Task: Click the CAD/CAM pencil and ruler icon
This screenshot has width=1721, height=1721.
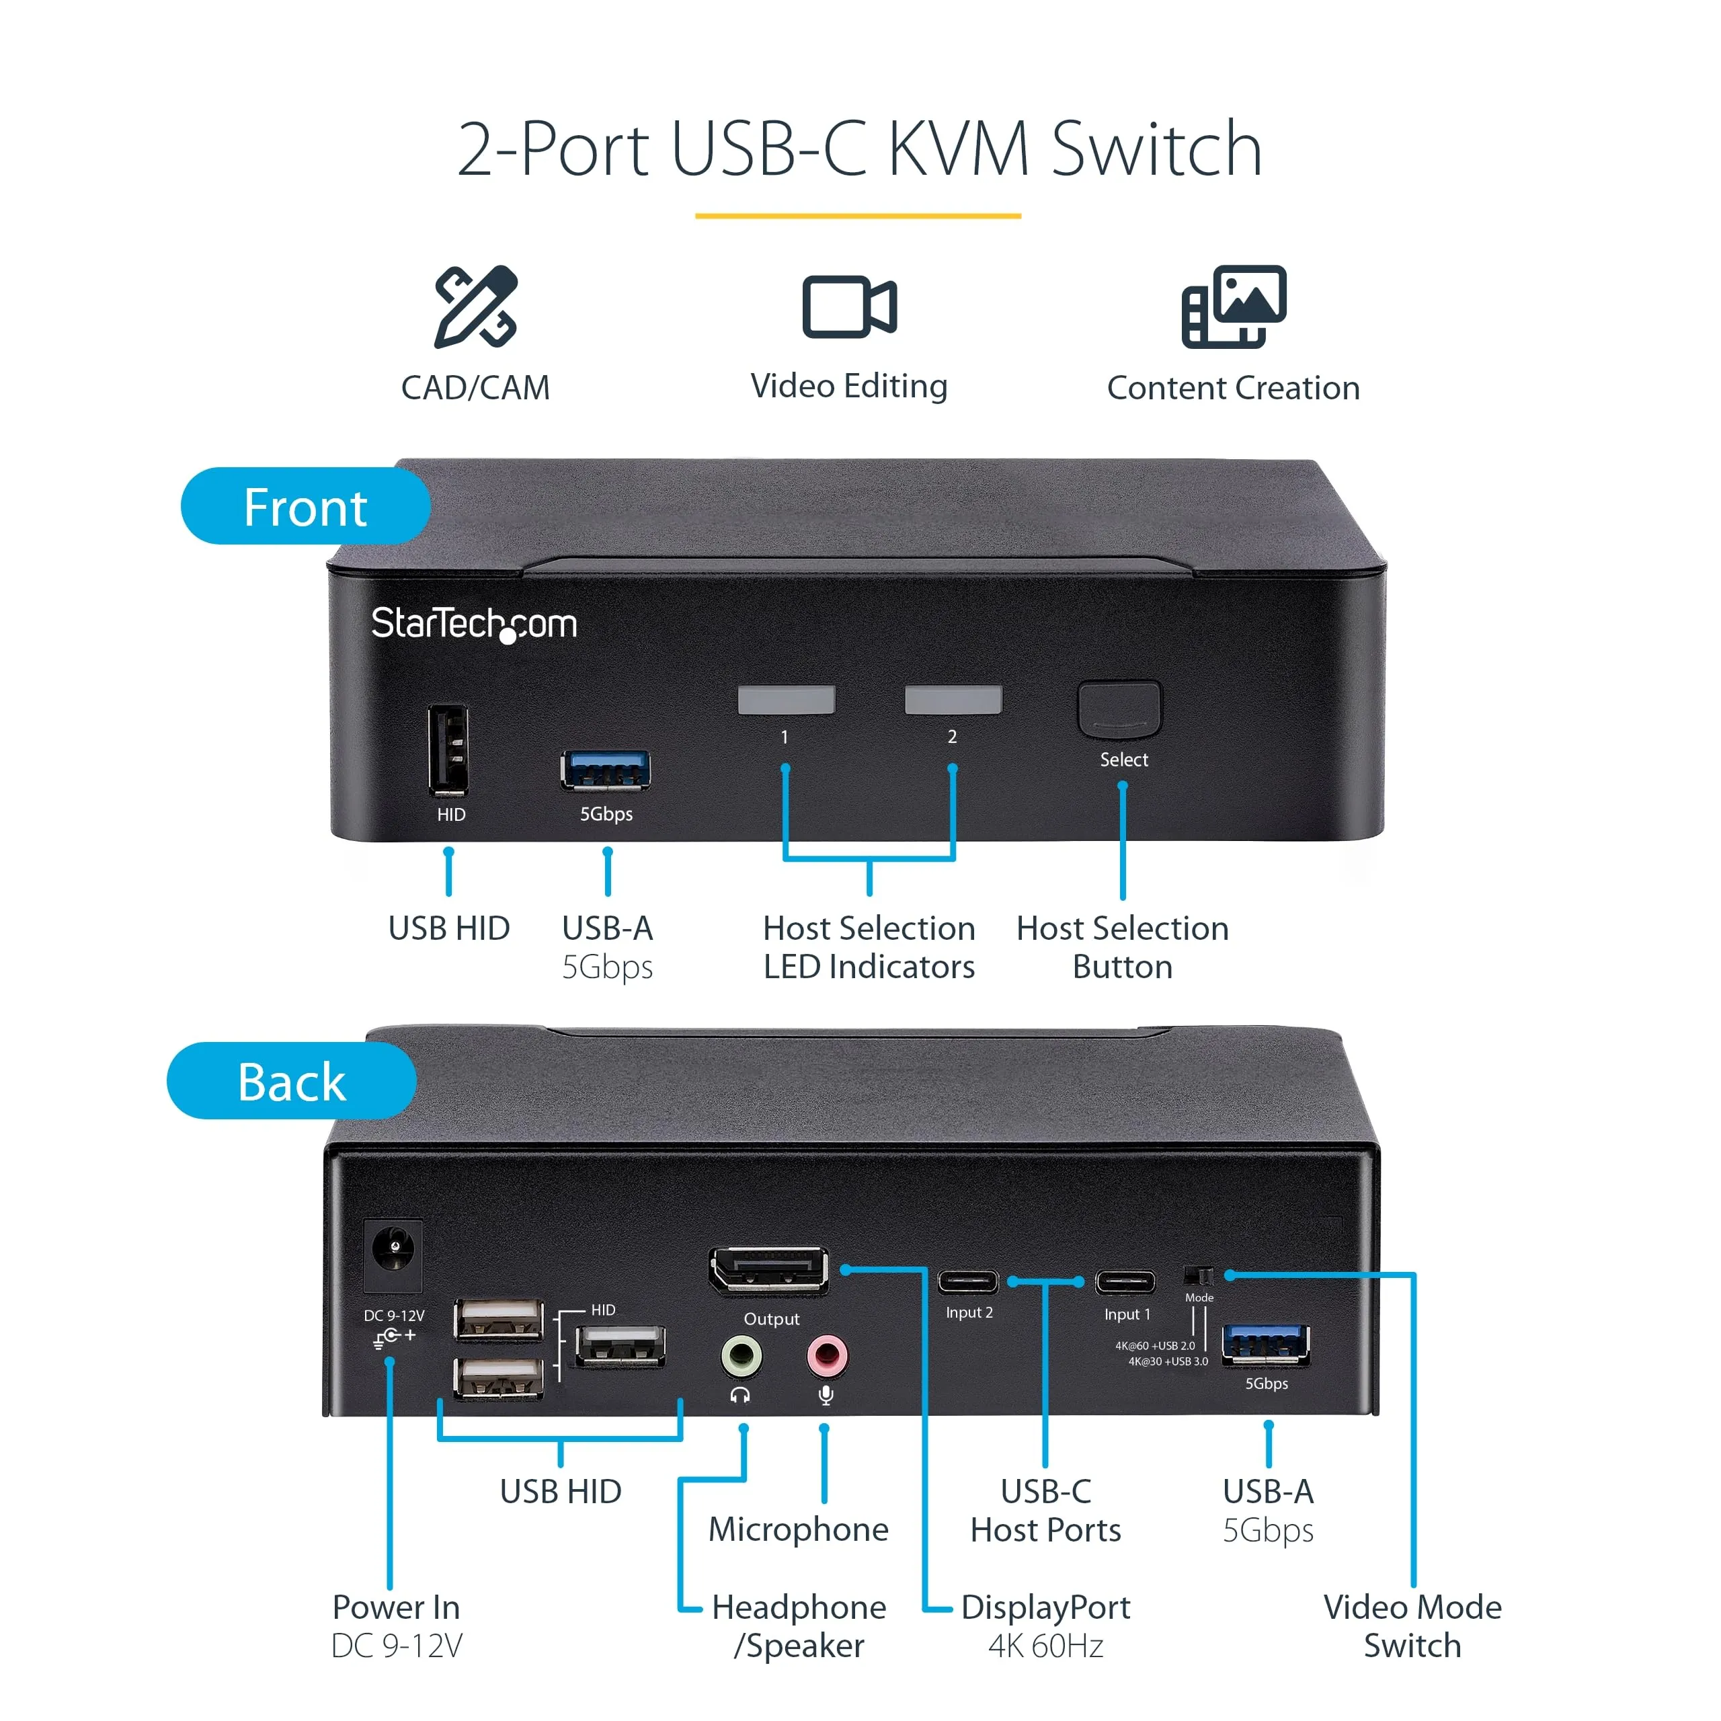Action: click(476, 307)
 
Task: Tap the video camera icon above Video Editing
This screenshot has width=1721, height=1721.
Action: click(849, 307)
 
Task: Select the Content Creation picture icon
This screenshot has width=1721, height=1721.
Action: click(1234, 307)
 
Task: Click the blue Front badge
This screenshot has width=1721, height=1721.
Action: click(305, 506)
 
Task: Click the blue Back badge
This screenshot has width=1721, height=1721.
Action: click(291, 1080)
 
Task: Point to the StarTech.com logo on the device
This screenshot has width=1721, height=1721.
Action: click(474, 624)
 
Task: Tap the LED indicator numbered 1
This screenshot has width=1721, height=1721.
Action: click(786, 700)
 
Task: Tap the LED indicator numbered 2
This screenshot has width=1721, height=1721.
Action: click(953, 700)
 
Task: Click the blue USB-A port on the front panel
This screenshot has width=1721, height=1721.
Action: click(606, 770)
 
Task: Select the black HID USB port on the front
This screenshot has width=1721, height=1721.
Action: click(448, 751)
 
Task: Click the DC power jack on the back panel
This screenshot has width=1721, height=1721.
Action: click(393, 1254)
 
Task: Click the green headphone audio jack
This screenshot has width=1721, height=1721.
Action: click(741, 1357)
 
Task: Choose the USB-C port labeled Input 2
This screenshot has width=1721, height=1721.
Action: click(968, 1282)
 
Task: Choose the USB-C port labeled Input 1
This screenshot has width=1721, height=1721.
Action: click(1125, 1283)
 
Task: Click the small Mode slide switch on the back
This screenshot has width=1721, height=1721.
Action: click(1199, 1275)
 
